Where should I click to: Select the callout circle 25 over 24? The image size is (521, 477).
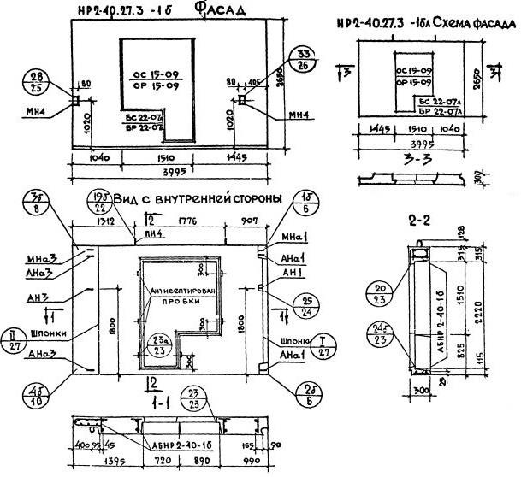tap(305, 304)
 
